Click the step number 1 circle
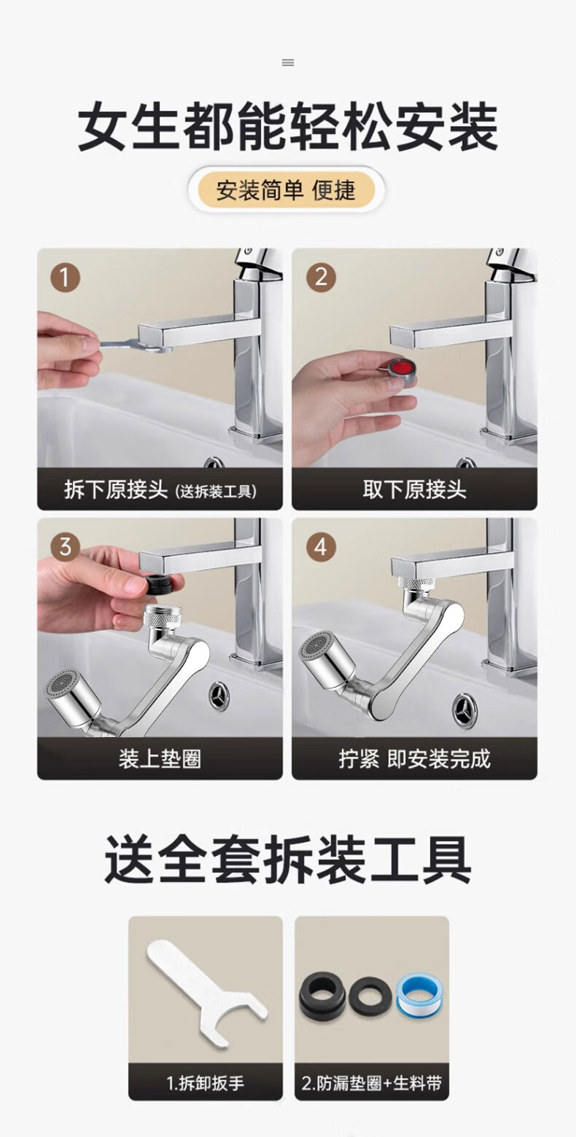(65, 277)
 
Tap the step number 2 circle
(321, 277)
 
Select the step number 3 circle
(65, 547)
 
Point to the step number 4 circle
(321, 547)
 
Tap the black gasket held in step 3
(163, 584)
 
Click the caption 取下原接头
(414, 489)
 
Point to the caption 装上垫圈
(160, 760)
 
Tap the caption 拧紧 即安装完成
(414, 760)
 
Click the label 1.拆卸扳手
(205, 1083)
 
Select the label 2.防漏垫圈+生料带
(371, 1083)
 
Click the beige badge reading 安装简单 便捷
(287, 190)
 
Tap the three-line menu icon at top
(288, 63)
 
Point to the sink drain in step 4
(464, 707)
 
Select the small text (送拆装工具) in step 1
(216, 492)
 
